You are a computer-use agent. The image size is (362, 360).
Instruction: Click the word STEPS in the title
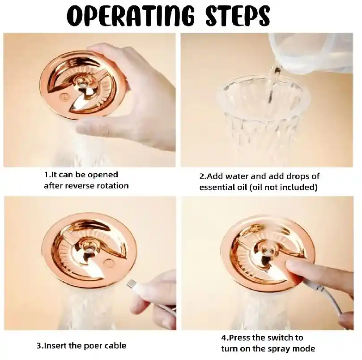[237, 16]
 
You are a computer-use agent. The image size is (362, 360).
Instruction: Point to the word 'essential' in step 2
[217, 188]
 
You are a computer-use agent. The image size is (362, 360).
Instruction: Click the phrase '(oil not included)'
[284, 188]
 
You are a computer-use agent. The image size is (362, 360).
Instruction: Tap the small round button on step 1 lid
[63, 97]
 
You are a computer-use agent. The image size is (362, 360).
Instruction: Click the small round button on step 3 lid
[108, 263]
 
